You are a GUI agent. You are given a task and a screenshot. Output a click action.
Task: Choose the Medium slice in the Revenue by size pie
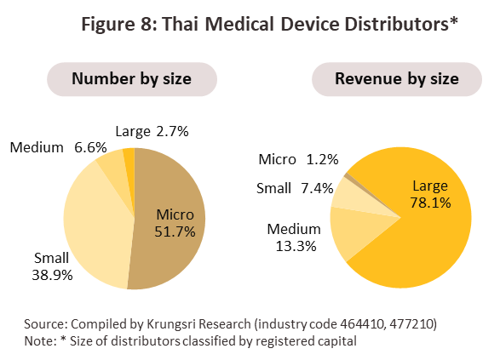coord(354,231)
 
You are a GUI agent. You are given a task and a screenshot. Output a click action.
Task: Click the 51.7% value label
coord(175,231)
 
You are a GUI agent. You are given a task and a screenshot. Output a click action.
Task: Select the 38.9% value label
coord(52,275)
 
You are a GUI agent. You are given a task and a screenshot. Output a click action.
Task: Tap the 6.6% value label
coord(90,147)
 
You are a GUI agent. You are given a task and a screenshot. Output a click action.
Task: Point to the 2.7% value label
coord(173,131)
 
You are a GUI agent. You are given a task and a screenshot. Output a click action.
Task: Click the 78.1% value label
coord(430,203)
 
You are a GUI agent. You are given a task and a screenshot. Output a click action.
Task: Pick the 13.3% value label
coord(296,246)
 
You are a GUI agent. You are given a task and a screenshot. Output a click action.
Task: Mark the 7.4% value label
coord(317,188)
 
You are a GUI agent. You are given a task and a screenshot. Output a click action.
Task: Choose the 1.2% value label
coord(322,159)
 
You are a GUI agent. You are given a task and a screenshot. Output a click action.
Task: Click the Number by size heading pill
coord(132,79)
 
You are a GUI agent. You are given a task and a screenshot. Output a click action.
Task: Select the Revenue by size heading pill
coord(397,79)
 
